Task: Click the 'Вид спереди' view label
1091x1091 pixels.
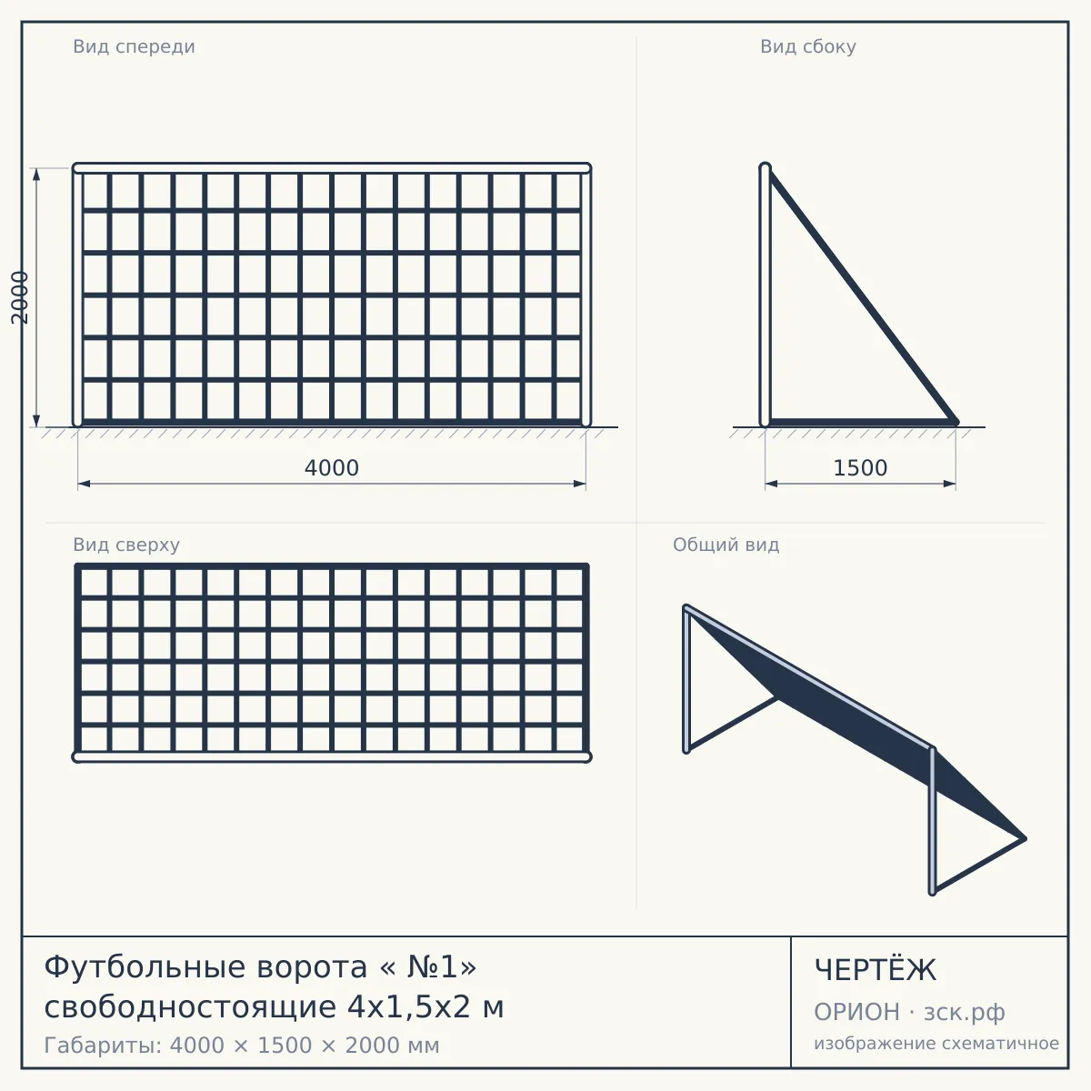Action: click(x=135, y=47)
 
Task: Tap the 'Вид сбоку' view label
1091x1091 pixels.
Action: click(x=808, y=47)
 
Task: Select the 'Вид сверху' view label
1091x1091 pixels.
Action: click(x=126, y=545)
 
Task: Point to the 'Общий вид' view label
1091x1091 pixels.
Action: click(x=726, y=545)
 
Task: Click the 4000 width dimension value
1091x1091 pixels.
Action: click(x=332, y=468)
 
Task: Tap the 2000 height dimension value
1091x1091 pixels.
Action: click(x=20, y=297)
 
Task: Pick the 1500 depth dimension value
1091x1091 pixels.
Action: click(x=860, y=468)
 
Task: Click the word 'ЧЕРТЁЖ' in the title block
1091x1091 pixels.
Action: click(x=875, y=969)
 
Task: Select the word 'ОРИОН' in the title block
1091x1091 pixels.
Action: click(x=856, y=1012)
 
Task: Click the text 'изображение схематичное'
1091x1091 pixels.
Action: click(x=936, y=1044)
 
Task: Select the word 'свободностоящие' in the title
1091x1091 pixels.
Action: click(x=190, y=1008)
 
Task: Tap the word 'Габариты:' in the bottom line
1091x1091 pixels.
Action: click(x=104, y=1046)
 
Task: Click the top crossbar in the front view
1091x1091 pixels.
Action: click(x=332, y=168)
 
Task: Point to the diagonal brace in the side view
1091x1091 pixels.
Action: click(x=861, y=297)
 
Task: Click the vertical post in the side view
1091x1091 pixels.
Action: click(x=765, y=295)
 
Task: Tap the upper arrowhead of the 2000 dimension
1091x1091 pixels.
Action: click(x=36, y=175)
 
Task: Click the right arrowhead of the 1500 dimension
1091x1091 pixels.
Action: click(x=949, y=484)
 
